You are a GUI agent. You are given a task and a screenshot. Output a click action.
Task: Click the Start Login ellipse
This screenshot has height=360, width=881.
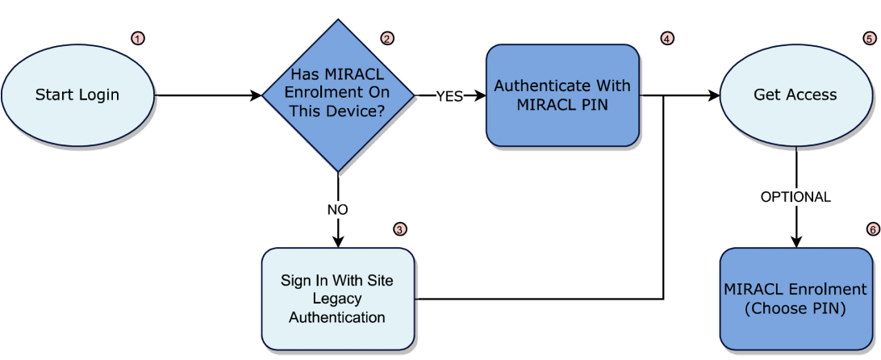pos(77,95)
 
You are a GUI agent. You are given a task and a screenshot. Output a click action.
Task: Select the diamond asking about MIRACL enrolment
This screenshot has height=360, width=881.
pos(338,95)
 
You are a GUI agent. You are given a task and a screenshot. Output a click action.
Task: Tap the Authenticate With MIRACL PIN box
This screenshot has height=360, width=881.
pos(562,95)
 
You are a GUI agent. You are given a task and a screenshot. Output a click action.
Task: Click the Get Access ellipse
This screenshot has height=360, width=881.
pos(795,95)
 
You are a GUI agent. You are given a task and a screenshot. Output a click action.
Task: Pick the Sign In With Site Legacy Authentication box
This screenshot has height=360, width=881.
pos(337,299)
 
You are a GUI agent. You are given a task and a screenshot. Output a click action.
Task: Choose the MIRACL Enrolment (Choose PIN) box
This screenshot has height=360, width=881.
pos(795,299)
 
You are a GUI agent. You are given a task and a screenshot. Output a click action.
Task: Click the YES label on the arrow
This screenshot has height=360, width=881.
pos(449,96)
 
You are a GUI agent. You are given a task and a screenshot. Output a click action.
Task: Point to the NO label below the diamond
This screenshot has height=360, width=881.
pos(337,209)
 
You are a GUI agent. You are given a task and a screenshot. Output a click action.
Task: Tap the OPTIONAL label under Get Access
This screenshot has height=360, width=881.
pos(795,197)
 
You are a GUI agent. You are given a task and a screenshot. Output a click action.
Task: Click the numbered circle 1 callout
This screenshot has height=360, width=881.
pos(138,38)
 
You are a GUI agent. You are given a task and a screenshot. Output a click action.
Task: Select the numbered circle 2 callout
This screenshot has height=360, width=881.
pos(387,38)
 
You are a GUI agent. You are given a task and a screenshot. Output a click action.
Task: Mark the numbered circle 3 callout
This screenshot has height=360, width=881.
pos(400,228)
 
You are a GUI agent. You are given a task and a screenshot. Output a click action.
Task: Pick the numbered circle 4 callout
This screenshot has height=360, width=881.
pos(666,38)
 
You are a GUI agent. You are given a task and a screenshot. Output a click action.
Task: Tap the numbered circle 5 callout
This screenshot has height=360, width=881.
pos(869,38)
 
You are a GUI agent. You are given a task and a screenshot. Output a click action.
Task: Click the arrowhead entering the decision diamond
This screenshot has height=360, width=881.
pos(257,96)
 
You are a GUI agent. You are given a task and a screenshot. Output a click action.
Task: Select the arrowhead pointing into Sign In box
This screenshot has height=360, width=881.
pos(338,241)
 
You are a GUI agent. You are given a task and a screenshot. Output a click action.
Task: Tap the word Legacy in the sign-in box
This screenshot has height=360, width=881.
pos(337,299)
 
